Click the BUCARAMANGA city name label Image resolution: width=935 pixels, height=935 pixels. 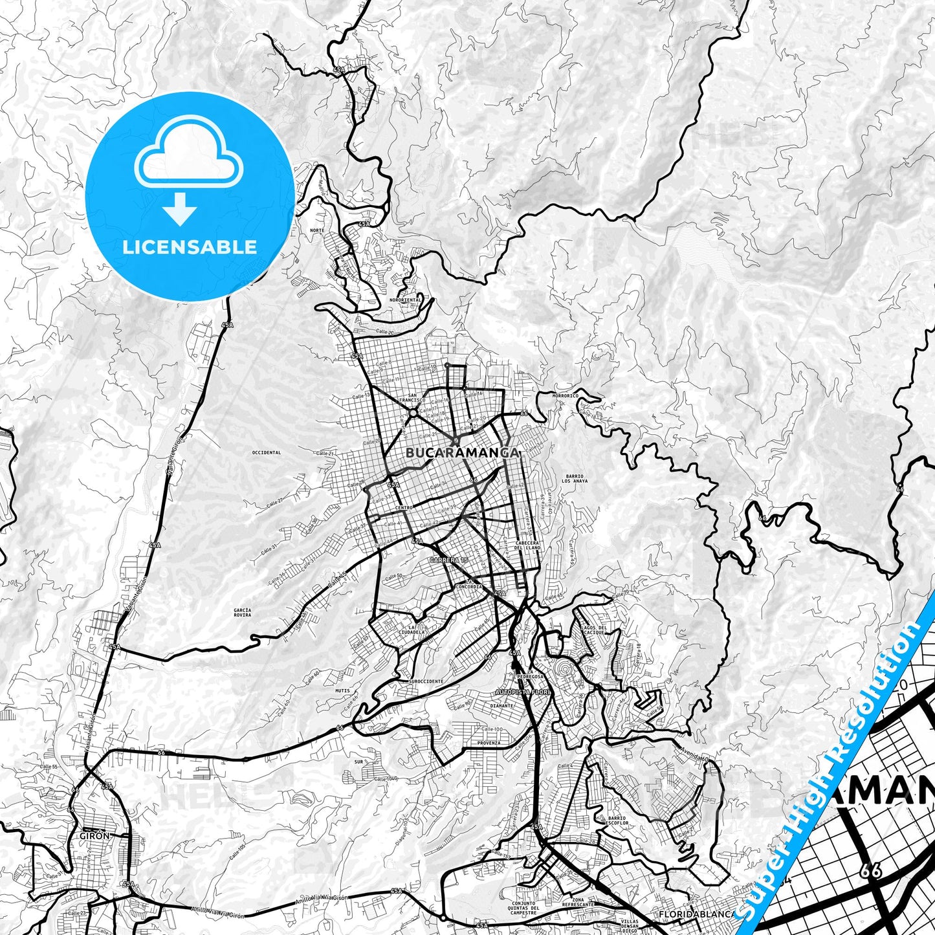462,454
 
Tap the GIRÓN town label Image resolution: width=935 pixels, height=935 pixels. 93,835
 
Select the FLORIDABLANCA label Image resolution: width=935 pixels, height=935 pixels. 695,914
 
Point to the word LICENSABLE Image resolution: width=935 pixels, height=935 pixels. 189,247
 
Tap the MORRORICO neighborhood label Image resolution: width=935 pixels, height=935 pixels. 564,395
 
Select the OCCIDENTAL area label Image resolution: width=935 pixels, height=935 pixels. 267,453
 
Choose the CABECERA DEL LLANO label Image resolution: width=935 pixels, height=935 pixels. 527,545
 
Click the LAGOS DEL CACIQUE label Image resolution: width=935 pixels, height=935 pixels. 594,630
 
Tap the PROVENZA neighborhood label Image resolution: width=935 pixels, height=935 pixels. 490,743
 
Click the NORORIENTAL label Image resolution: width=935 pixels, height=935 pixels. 406,300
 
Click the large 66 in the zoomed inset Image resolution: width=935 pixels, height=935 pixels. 871,871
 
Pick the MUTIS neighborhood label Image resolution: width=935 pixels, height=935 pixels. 342,690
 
